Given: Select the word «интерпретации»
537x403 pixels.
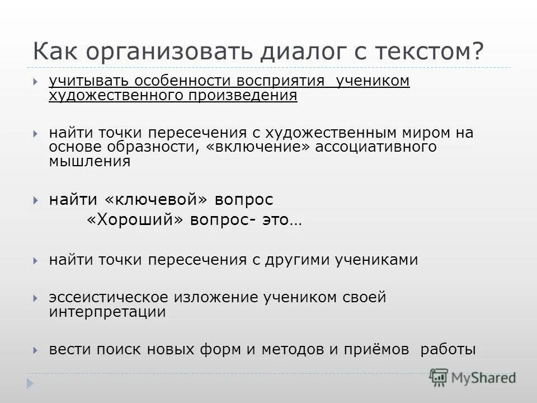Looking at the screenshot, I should point(107,312).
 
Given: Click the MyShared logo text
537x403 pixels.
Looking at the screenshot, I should point(483,377).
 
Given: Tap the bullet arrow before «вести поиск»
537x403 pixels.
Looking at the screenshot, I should point(35,350).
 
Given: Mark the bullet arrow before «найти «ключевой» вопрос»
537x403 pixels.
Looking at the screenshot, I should point(35,200).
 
